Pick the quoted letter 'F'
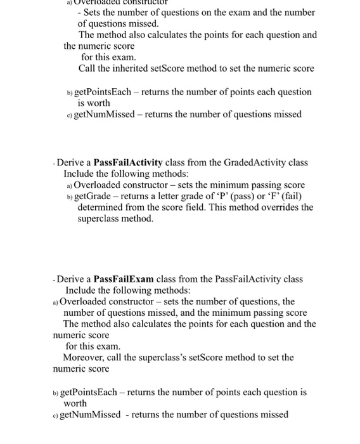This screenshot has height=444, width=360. point(275,196)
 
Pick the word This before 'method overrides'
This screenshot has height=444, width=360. point(241,207)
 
